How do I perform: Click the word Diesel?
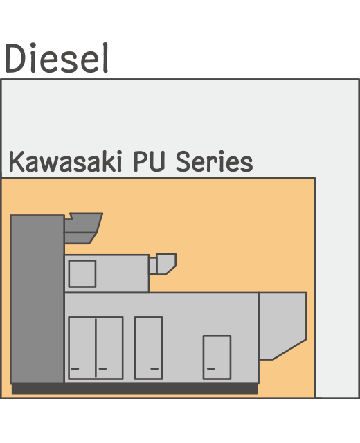point(57,58)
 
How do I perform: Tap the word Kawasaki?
point(66,161)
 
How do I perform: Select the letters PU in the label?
point(150,161)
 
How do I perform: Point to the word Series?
point(215,161)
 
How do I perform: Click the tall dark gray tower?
point(37,298)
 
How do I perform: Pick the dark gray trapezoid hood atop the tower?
point(83,228)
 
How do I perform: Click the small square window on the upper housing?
point(82,274)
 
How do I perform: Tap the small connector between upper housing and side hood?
point(152,266)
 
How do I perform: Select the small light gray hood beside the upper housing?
point(166,264)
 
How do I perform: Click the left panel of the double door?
point(82,347)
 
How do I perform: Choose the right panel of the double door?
point(109,347)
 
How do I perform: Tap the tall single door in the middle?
point(148,347)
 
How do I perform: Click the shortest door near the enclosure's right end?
point(217,357)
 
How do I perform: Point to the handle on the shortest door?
point(211,368)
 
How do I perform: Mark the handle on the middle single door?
point(154,368)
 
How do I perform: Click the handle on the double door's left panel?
point(75,368)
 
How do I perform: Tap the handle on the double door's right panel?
point(102,368)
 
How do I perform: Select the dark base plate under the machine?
point(134,388)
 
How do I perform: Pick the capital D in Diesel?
point(15,58)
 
